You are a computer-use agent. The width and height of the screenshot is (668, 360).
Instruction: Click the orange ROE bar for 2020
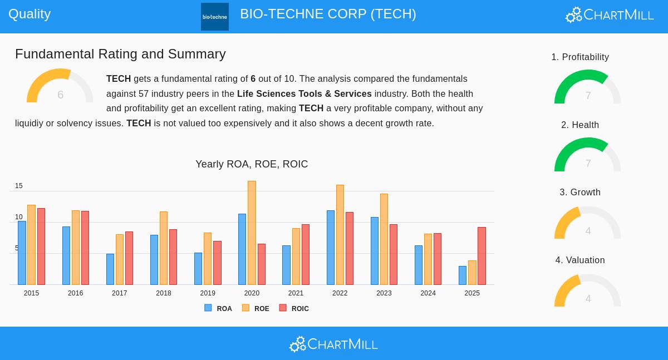(252, 233)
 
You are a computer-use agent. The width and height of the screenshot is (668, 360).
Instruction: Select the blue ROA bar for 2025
(463, 275)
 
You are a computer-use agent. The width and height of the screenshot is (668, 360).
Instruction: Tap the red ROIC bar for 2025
(482, 256)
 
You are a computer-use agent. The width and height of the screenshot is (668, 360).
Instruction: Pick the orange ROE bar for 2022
(340, 235)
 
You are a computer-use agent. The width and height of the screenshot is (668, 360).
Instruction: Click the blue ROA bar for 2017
(110, 269)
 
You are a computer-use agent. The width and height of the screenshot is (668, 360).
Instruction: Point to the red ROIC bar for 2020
(262, 264)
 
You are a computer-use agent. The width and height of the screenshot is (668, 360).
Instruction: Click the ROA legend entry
(218, 308)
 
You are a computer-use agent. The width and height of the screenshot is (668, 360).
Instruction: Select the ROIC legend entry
(294, 308)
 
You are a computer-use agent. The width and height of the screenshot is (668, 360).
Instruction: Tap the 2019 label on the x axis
(208, 293)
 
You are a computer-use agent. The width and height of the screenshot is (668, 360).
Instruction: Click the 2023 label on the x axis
(384, 293)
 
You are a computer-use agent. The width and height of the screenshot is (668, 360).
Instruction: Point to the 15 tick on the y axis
(19, 186)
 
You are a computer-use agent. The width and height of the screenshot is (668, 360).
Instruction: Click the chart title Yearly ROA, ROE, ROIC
(252, 164)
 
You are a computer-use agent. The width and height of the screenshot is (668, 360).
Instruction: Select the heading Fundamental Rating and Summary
(120, 54)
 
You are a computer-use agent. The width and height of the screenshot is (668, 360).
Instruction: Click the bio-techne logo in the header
(215, 17)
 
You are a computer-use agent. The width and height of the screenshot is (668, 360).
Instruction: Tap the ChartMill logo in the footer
(333, 344)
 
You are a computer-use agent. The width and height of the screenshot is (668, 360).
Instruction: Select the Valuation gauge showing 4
(588, 292)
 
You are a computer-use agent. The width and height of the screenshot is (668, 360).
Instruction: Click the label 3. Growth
(580, 193)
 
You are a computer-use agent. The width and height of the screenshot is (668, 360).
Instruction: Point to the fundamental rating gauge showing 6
(60, 87)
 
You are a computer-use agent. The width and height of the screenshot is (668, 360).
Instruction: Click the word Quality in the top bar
(30, 14)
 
